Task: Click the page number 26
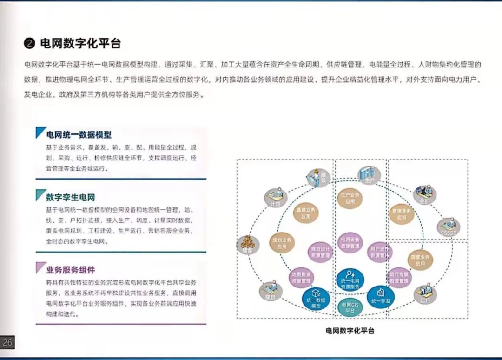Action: coord(7,343)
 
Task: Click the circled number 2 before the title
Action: coord(29,44)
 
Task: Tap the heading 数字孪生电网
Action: coord(70,197)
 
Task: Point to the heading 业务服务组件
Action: coord(71,270)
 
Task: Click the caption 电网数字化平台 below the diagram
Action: coord(350,331)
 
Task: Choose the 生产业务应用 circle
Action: coord(350,199)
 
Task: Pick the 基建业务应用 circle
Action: coord(305,213)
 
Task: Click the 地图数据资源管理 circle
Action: coord(301,278)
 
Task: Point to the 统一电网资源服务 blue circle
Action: coord(350,280)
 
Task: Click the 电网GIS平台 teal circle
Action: coord(350,307)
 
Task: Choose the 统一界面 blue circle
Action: coord(380,296)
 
